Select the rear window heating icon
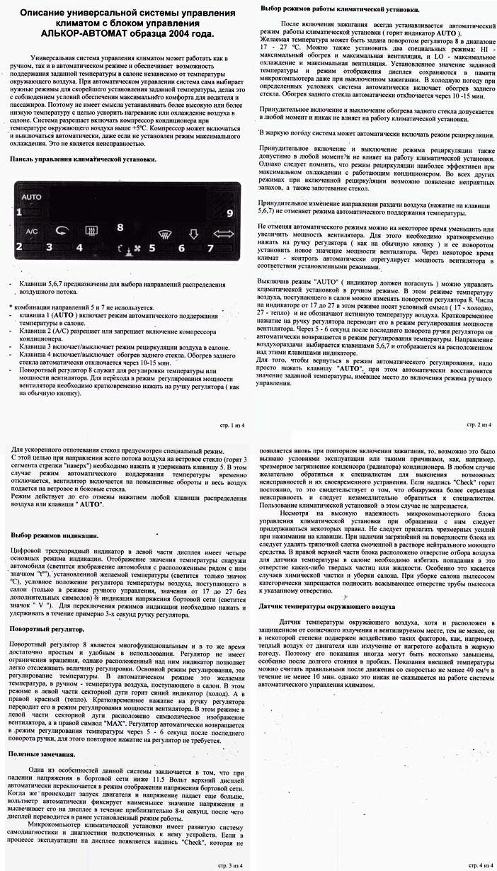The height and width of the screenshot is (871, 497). [x=91, y=229]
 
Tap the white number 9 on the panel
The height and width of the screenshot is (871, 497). [x=229, y=213]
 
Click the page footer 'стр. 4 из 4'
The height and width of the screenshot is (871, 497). [x=476, y=864]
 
